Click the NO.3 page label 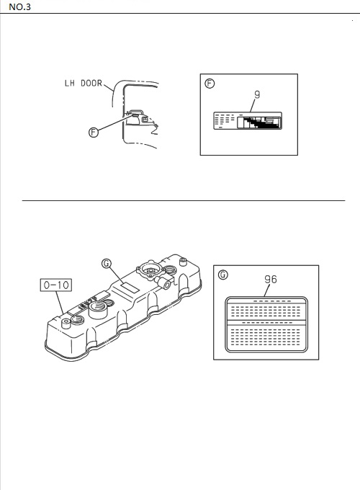19,7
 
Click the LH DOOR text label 84,83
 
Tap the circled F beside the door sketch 94,132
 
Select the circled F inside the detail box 210,84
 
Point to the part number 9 257,94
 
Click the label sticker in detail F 248,120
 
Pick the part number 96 271,279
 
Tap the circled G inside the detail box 223,275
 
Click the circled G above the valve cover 107,264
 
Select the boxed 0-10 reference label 56,285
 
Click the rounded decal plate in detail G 266,324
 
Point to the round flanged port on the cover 150,271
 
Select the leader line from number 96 266,290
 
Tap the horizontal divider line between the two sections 184,200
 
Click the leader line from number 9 253,106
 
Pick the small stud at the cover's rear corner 183,261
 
